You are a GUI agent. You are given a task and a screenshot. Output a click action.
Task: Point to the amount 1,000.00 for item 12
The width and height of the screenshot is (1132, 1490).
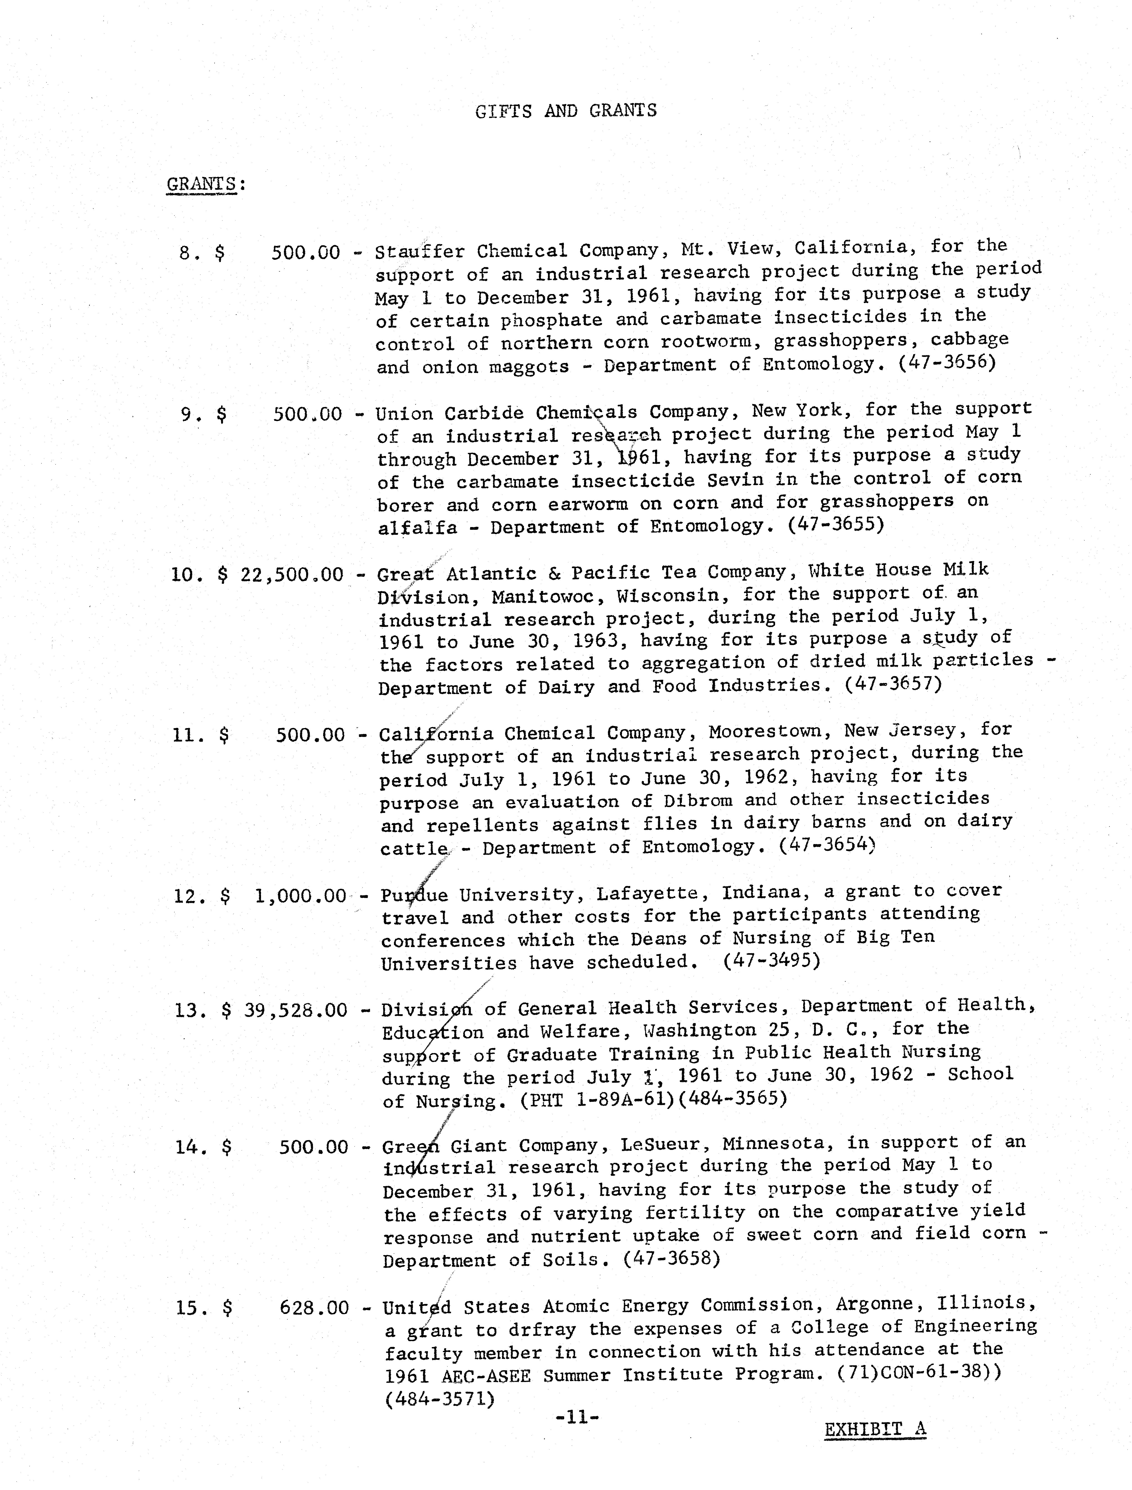300,896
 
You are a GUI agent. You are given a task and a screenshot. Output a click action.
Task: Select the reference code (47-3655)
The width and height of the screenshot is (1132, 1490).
836,524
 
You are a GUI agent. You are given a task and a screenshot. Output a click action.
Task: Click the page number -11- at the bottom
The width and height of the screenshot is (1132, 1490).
577,1417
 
